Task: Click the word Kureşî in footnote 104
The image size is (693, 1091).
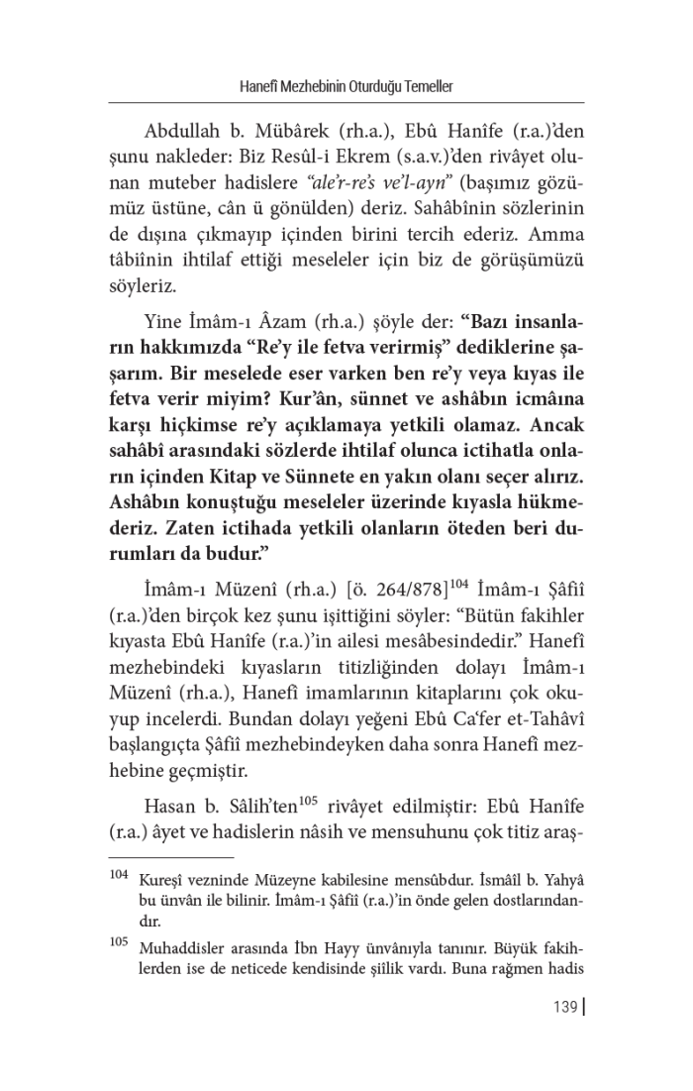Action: point(162,882)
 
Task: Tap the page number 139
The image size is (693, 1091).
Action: point(564,1009)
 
